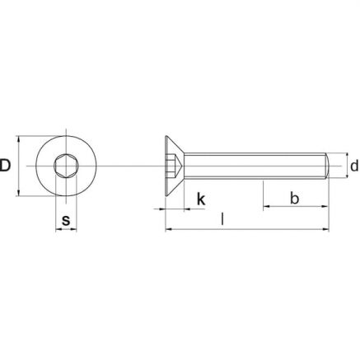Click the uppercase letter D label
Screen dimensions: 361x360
coord(7,166)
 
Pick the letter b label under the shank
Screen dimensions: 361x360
coord(295,199)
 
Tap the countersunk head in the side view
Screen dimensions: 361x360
coord(174,166)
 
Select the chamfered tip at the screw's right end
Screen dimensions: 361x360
coord(329,166)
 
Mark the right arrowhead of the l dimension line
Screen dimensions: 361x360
coord(328,229)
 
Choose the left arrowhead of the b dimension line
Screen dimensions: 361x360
coord(267,208)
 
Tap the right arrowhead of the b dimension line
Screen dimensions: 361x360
coord(328,208)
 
